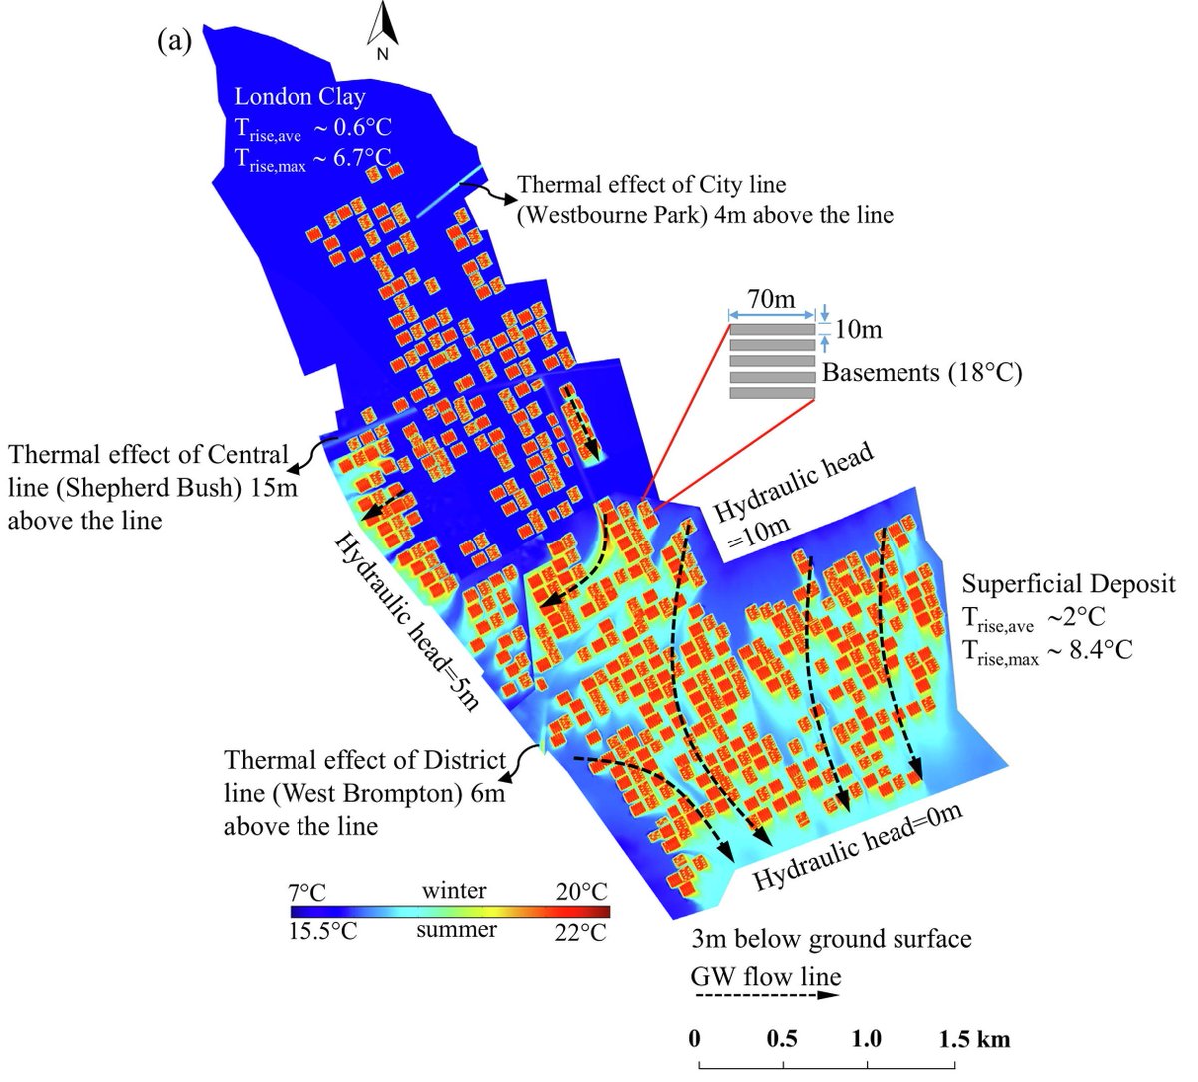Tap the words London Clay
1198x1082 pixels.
point(299,97)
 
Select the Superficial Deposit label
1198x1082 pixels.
point(1068,584)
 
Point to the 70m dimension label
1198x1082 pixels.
point(772,298)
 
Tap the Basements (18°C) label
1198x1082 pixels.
point(921,373)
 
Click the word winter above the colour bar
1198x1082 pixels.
point(454,890)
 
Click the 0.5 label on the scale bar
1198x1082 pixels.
point(782,1039)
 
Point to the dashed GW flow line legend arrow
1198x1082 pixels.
point(766,995)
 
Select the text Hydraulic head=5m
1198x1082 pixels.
point(407,620)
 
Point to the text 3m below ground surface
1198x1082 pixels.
point(831,939)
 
